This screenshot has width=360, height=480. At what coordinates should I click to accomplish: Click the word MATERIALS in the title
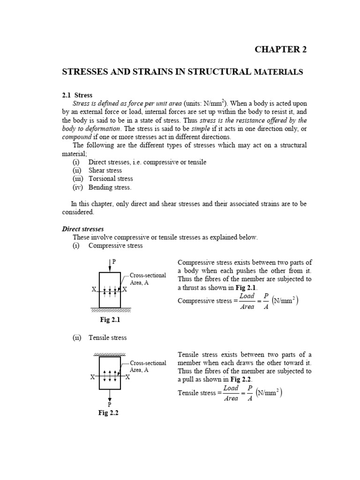[x=278, y=72]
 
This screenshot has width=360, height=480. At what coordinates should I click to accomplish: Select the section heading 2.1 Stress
[x=77, y=95]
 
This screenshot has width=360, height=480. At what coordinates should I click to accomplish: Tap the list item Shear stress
[x=105, y=170]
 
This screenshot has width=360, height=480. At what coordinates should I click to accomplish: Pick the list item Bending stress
[x=110, y=187]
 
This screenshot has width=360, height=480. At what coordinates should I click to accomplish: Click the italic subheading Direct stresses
[x=83, y=229]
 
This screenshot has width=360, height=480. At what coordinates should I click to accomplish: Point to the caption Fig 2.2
[x=109, y=413]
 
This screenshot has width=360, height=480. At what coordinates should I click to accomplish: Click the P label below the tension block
[x=110, y=404]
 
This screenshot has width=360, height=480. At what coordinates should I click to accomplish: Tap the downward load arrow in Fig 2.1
[x=109, y=266]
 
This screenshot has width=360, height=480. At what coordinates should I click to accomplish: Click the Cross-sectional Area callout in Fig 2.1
[x=147, y=278]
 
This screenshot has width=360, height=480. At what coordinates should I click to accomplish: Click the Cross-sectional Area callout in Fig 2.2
[x=147, y=366]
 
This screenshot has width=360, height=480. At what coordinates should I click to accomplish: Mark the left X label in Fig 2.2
[x=93, y=376]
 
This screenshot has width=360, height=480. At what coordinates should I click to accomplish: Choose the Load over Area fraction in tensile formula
[x=231, y=393]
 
